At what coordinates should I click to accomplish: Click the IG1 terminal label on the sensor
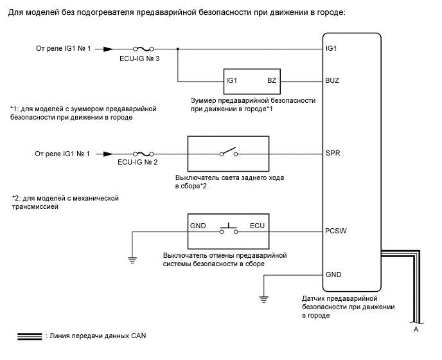click(x=331, y=48)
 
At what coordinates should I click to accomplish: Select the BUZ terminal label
click(x=333, y=82)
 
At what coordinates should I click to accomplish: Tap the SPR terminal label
click(x=333, y=154)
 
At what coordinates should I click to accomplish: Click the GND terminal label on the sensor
click(x=333, y=274)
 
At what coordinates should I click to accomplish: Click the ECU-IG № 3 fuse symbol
click(x=143, y=48)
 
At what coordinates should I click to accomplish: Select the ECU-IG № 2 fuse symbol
click(x=143, y=154)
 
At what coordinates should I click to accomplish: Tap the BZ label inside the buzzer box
click(x=271, y=82)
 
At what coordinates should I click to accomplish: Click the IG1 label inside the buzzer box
click(x=232, y=82)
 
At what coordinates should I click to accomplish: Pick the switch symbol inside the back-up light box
click(x=227, y=152)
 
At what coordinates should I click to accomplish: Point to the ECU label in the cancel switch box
click(x=257, y=227)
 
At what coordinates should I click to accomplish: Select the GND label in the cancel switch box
click(x=198, y=227)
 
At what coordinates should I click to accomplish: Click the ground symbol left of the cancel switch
click(x=132, y=260)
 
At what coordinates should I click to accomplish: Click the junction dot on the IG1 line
click(x=178, y=48)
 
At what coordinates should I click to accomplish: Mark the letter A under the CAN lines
click(x=416, y=328)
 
